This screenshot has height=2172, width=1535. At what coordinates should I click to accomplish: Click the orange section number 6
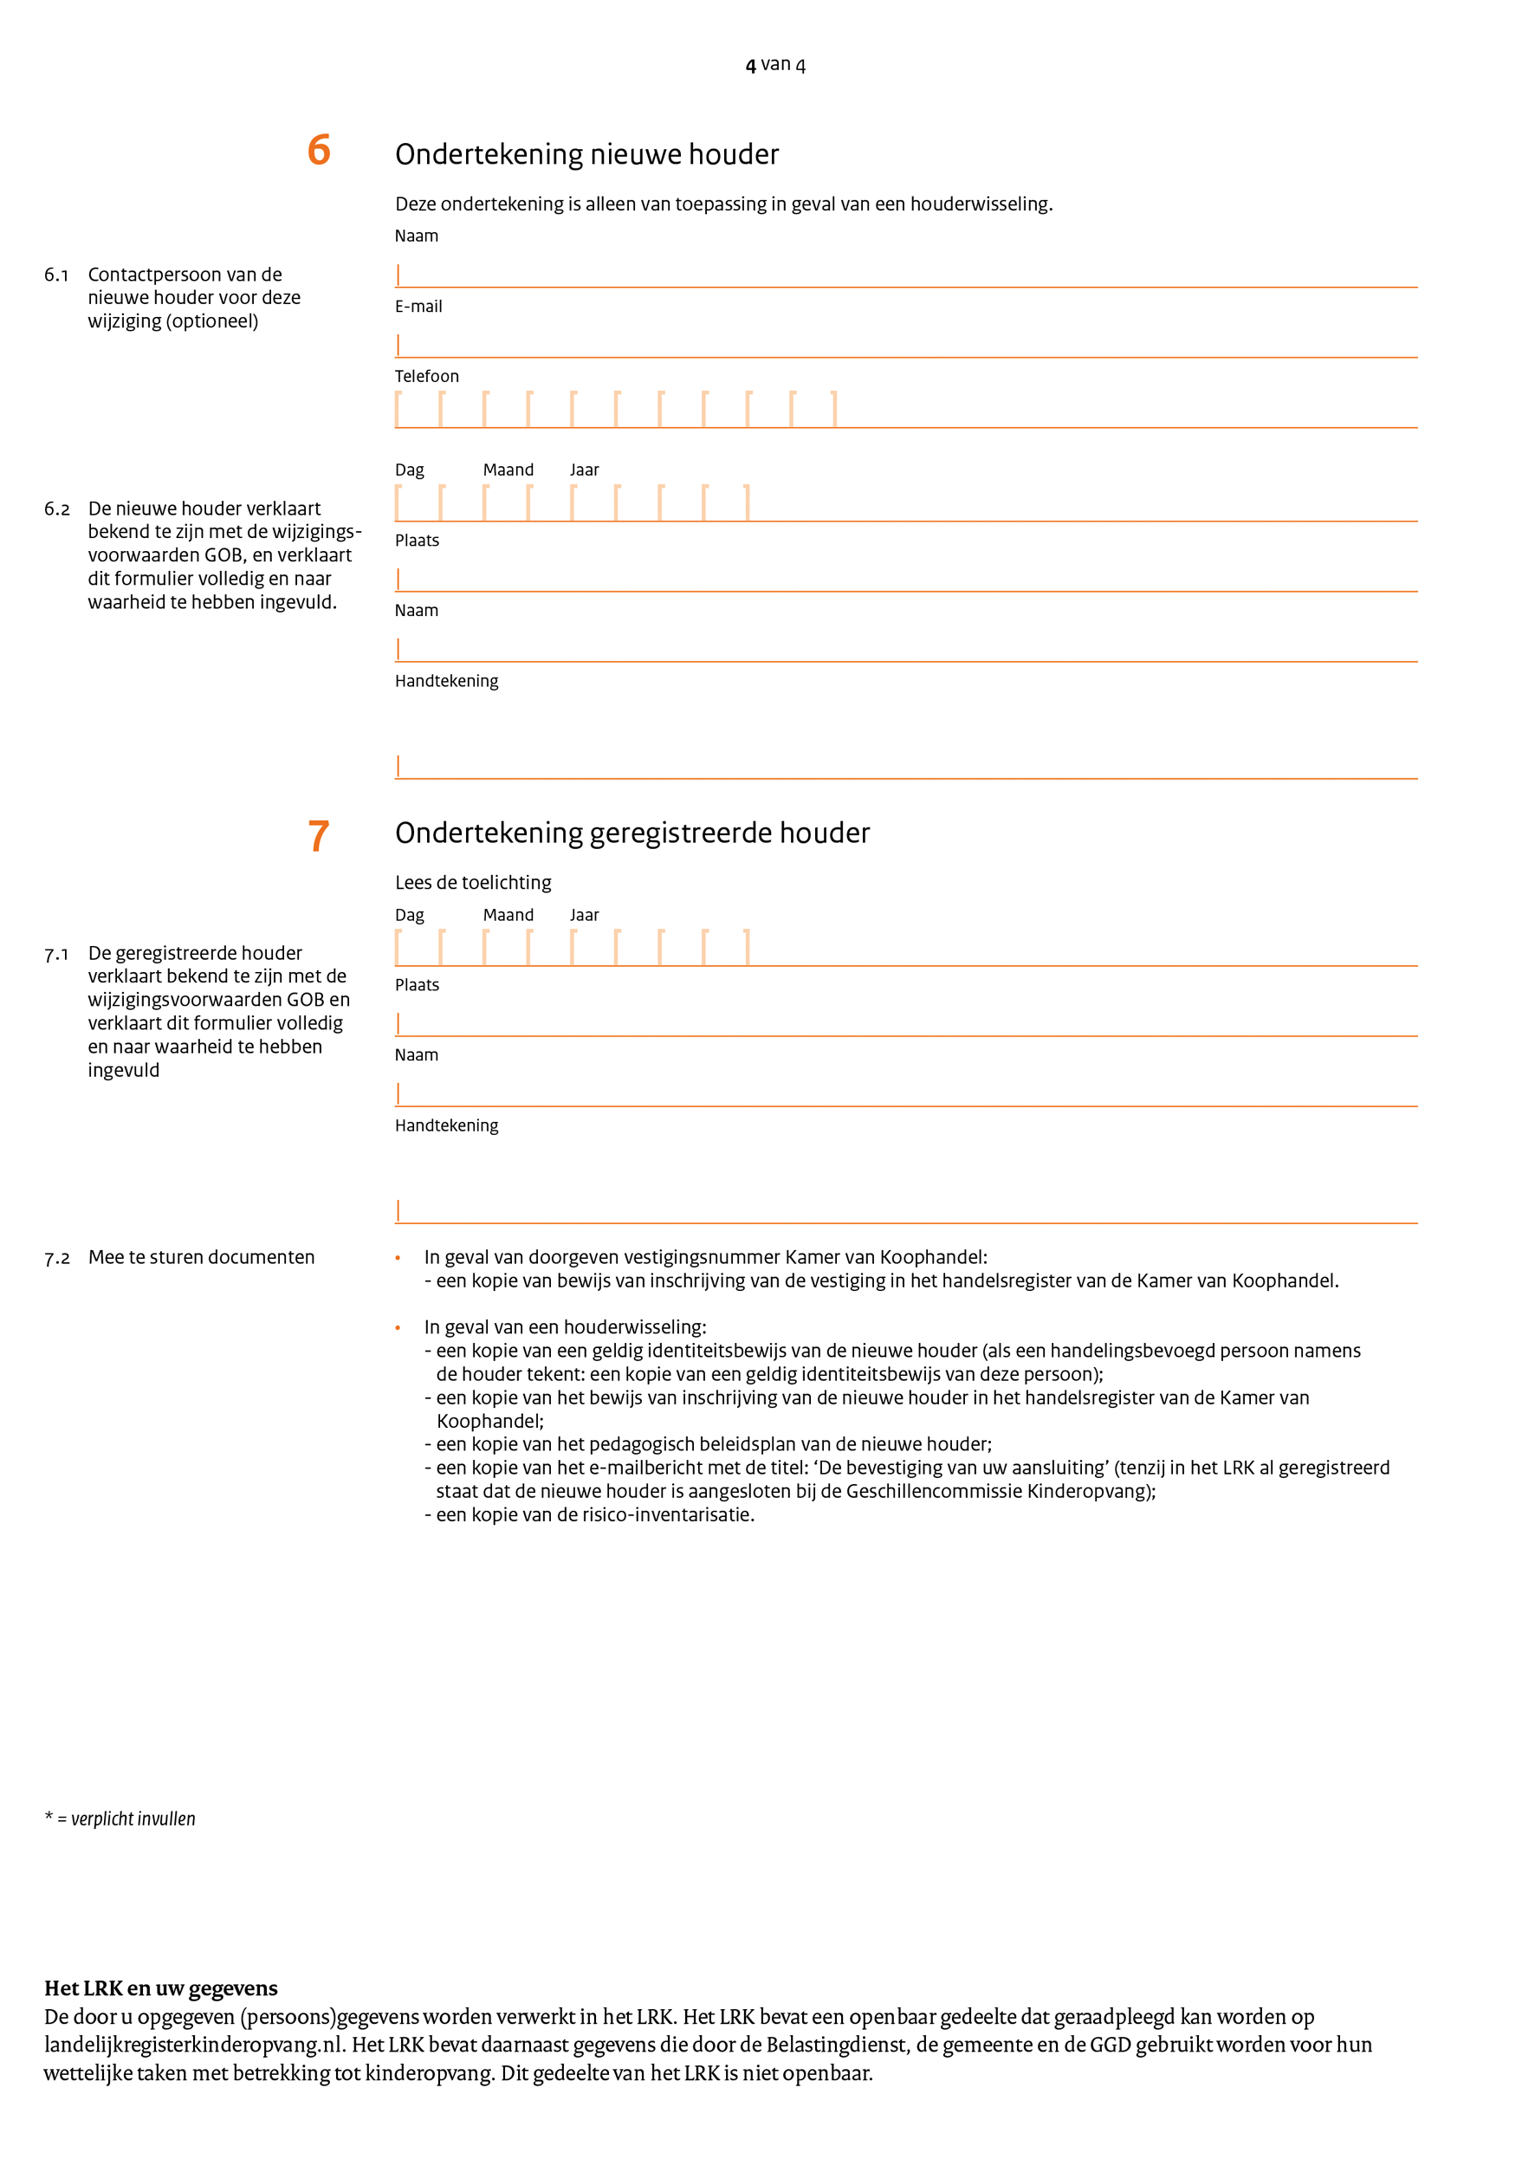click(x=319, y=151)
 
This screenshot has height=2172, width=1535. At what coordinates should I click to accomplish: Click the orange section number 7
click(x=319, y=836)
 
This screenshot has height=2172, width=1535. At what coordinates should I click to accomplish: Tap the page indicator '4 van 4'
click(x=774, y=64)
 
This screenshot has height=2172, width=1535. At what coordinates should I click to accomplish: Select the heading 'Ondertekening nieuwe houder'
click(x=586, y=154)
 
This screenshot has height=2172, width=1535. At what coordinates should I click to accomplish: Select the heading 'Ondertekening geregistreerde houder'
click(x=631, y=833)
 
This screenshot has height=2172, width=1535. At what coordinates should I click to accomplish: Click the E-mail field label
click(x=418, y=307)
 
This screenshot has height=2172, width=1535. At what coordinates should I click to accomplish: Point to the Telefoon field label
click(x=426, y=377)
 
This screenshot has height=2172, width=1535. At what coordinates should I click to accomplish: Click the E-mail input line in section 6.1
click(x=905, y=347)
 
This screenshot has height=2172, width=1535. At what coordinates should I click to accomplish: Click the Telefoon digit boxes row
click(x=616, y=410)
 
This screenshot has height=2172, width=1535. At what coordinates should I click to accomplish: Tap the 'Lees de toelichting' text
click(x=473, y=883)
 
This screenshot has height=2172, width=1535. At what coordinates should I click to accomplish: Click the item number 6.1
click(x=57, y=276)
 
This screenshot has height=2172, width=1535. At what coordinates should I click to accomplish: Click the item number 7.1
click(x=57, y=955)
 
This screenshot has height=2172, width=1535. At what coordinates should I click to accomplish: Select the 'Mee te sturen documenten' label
click(x=202, y=1257)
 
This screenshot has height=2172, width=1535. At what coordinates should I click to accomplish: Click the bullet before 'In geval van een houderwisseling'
click(x=398, y=1328)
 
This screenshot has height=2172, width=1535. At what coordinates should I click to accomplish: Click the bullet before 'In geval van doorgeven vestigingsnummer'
click(x=398, y=1258)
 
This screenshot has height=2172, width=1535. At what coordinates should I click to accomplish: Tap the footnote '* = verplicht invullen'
click(x=120, y=1819)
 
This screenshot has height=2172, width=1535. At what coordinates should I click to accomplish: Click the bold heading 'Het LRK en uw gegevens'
click(x=161, y=1988)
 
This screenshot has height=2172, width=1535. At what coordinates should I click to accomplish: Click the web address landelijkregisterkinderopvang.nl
click(x=193, y=2045)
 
